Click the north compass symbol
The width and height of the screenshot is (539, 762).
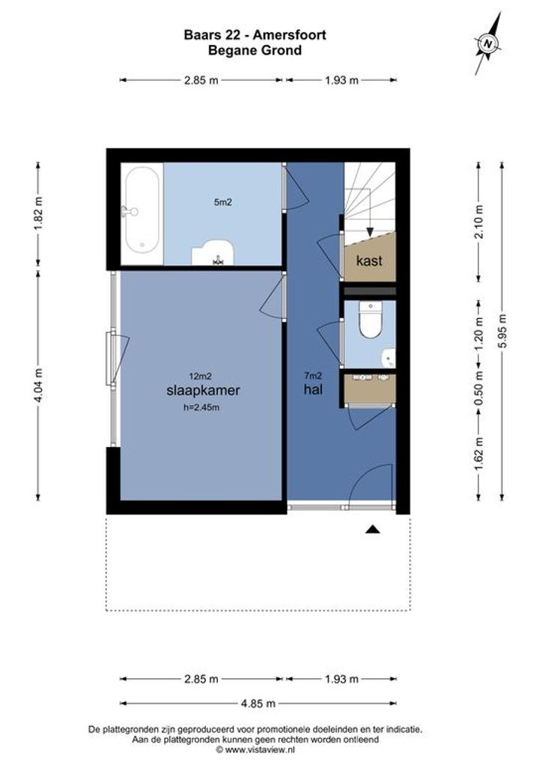pos(488,43)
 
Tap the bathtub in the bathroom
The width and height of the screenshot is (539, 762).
pos(142,210)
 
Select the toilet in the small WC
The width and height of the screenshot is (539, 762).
pos(370,320)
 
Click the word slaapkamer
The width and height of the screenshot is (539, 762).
pos(203,390)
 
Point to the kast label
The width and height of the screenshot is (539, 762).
pos(369,261)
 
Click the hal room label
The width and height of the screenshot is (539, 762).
pos(313,389)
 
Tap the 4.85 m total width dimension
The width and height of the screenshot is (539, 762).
pos(258,703)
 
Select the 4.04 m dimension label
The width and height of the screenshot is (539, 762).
pos(39,385)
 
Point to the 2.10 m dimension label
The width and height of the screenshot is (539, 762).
pos(479,222)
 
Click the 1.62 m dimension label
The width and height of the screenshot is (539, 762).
pos(479,454)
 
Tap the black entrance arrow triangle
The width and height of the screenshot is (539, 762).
pos(373,530)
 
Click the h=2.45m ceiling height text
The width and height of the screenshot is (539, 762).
pos(201,408)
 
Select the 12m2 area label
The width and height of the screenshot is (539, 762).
pos(200,376)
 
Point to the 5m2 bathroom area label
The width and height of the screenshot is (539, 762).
pos(222,202)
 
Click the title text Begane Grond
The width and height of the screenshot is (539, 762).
pos(255,50)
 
